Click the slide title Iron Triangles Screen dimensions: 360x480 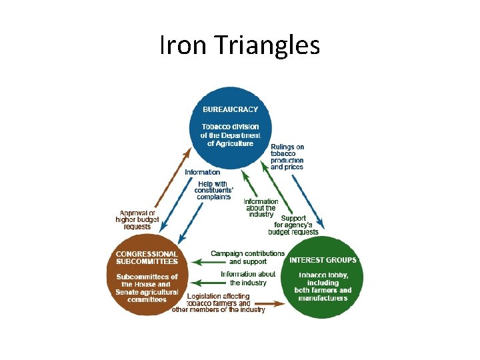pos(240,45)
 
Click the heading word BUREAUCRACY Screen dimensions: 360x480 pos(230,109)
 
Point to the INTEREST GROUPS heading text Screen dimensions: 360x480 pos(323,260)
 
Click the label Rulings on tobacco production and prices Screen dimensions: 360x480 pos(287,157)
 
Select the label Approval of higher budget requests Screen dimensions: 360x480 pos(137,221)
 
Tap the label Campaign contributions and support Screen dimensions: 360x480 pos(247,257)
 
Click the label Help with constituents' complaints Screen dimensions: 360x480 pos(213,190)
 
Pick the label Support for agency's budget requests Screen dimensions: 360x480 pos(293,225)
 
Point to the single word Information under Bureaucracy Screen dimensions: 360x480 pos(202,172)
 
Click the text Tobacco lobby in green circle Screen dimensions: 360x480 pos(323,275)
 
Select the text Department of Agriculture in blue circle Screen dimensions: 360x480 pos(230,139)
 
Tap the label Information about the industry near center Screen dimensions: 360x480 pos(261,208)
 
